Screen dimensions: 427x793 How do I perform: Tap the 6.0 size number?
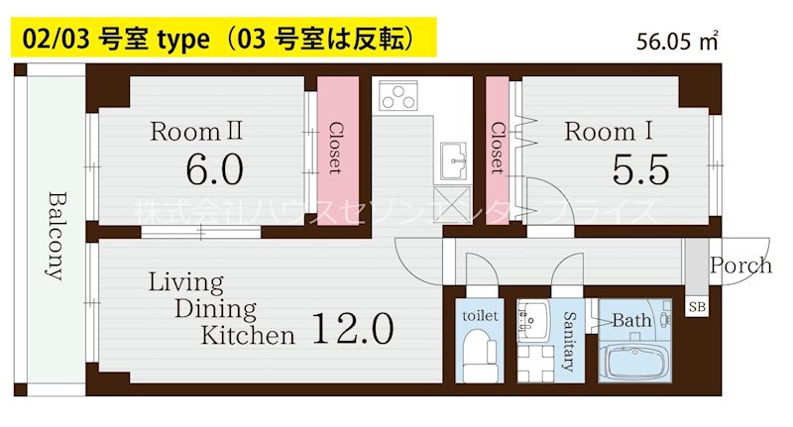pos(214,169)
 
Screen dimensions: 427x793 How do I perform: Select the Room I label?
pos(600,131)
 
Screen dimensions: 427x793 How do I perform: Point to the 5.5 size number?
pos(640,170)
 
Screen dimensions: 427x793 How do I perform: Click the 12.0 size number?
pos(354,327)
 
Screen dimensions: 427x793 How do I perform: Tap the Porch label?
pos(740,266)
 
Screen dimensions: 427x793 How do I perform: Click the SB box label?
pos(697,307)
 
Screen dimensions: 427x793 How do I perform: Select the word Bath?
pos(631,321)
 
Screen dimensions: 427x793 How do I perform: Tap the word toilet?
pos(482,315)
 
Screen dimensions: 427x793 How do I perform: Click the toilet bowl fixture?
pos(482,355)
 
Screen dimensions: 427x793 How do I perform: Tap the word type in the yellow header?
pos(179,39)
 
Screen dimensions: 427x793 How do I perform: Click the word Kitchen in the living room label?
pos(248,335)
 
